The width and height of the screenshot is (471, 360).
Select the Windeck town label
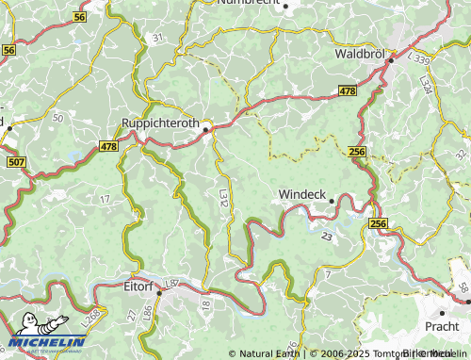[302, 195]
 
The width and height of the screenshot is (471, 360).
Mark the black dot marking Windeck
[333, 200]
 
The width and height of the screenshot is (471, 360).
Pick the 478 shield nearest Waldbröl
[348, 90]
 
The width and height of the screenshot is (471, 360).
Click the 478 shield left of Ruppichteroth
[109, 146]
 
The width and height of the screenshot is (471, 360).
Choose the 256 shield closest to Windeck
[356, 151]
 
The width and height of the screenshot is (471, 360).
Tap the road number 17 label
[105, 199]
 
